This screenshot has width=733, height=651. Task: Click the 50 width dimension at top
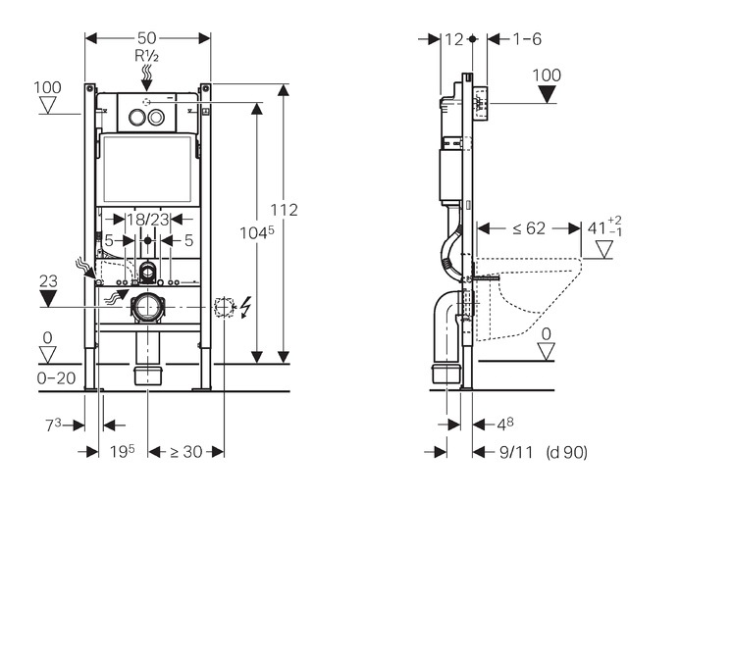pos(147,38)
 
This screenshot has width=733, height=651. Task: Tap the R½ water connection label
pos(147,56)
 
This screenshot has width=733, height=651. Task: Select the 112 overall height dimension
pos(285,210)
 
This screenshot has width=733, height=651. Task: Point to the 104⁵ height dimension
pos(257,232)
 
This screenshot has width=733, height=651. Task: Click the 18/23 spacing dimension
pos(148,219)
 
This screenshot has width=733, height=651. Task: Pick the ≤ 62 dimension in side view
pos(529,228)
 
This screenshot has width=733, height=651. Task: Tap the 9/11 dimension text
pos(516,452)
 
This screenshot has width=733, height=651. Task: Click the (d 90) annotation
pos(566,452)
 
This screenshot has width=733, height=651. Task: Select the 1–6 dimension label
pos(527,39)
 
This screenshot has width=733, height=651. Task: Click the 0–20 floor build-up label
pos(56,377)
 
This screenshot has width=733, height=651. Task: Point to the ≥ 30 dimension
pos(186,452)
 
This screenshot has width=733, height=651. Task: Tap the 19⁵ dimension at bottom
pos(122,451)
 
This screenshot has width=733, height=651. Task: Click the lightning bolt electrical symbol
pos(245,307)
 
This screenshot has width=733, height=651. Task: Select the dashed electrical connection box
pos(224,307)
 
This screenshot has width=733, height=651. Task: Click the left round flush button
pos(137,117)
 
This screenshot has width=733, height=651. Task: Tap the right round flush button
pos(157,117)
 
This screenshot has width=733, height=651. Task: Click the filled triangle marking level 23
pos(48,298)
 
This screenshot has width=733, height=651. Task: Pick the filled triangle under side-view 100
pos(547,94)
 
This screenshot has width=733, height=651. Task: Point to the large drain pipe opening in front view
pos(147,307)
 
